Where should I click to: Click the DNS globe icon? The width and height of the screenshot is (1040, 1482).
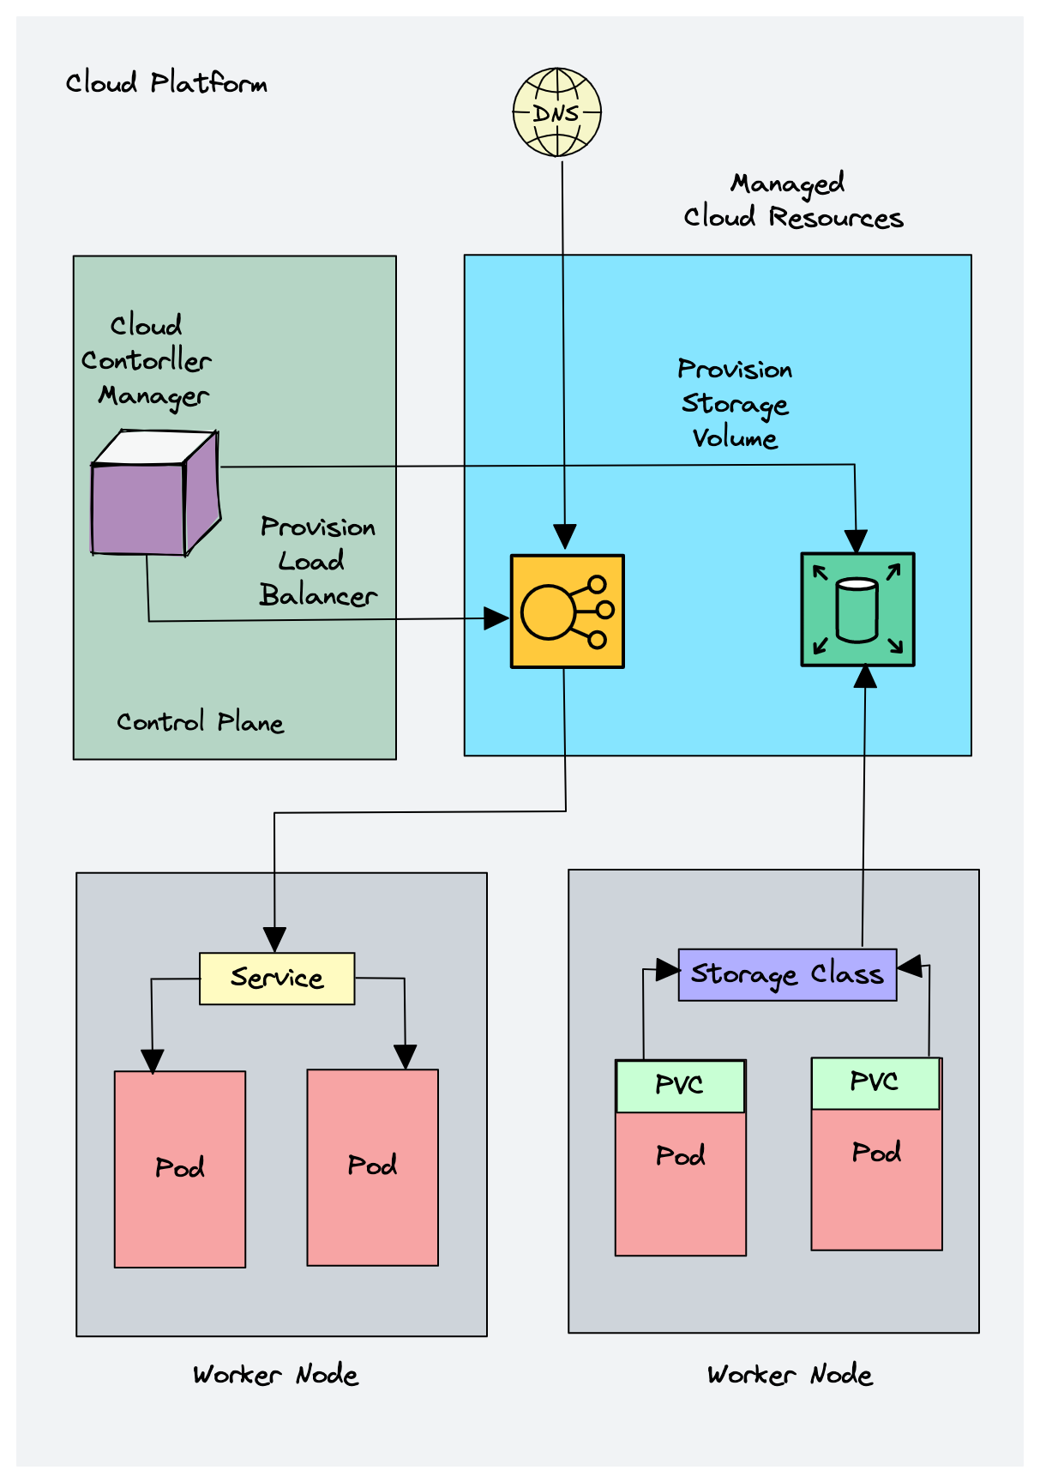(x=557, y=112)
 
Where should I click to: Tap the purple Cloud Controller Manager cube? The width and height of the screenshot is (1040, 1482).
(x=156, y=492)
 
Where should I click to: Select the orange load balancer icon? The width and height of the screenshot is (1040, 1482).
(x=568, y=611)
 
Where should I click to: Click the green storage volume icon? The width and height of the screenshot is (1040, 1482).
(x=857, y=609)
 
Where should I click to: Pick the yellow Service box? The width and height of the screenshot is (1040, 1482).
(x=277, y=979)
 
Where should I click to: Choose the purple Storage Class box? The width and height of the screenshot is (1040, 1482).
(x=787, y=974)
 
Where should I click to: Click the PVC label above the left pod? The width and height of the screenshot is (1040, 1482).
(x=680, y=1086)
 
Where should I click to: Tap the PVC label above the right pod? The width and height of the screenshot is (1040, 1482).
(x=875, y=1082)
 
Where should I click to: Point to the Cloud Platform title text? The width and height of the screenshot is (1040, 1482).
(x=166, y=83)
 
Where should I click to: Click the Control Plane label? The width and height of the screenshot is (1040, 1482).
(x=200, y=722)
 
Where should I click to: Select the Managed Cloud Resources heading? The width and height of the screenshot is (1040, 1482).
(x=793, y=201)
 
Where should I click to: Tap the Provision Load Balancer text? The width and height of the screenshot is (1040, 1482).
(x=318, y=561)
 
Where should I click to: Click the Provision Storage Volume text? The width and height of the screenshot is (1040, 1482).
(x=735, y=403)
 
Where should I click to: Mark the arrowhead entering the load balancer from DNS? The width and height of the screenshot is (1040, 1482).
(x=565, y=537)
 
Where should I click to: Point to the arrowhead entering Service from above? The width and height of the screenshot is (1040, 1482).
(x=274, y=939)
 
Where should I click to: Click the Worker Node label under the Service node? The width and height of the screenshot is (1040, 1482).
(x=275, y=1375)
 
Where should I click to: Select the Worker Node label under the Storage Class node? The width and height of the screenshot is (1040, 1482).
(x=790, y=1375)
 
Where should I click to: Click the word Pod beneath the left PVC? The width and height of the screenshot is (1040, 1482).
(x=681, y=1156)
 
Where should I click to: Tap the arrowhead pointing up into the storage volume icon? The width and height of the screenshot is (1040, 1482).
(x=866, y=677)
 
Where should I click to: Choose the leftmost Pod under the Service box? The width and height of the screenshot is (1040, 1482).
(x=180, y=1169)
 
